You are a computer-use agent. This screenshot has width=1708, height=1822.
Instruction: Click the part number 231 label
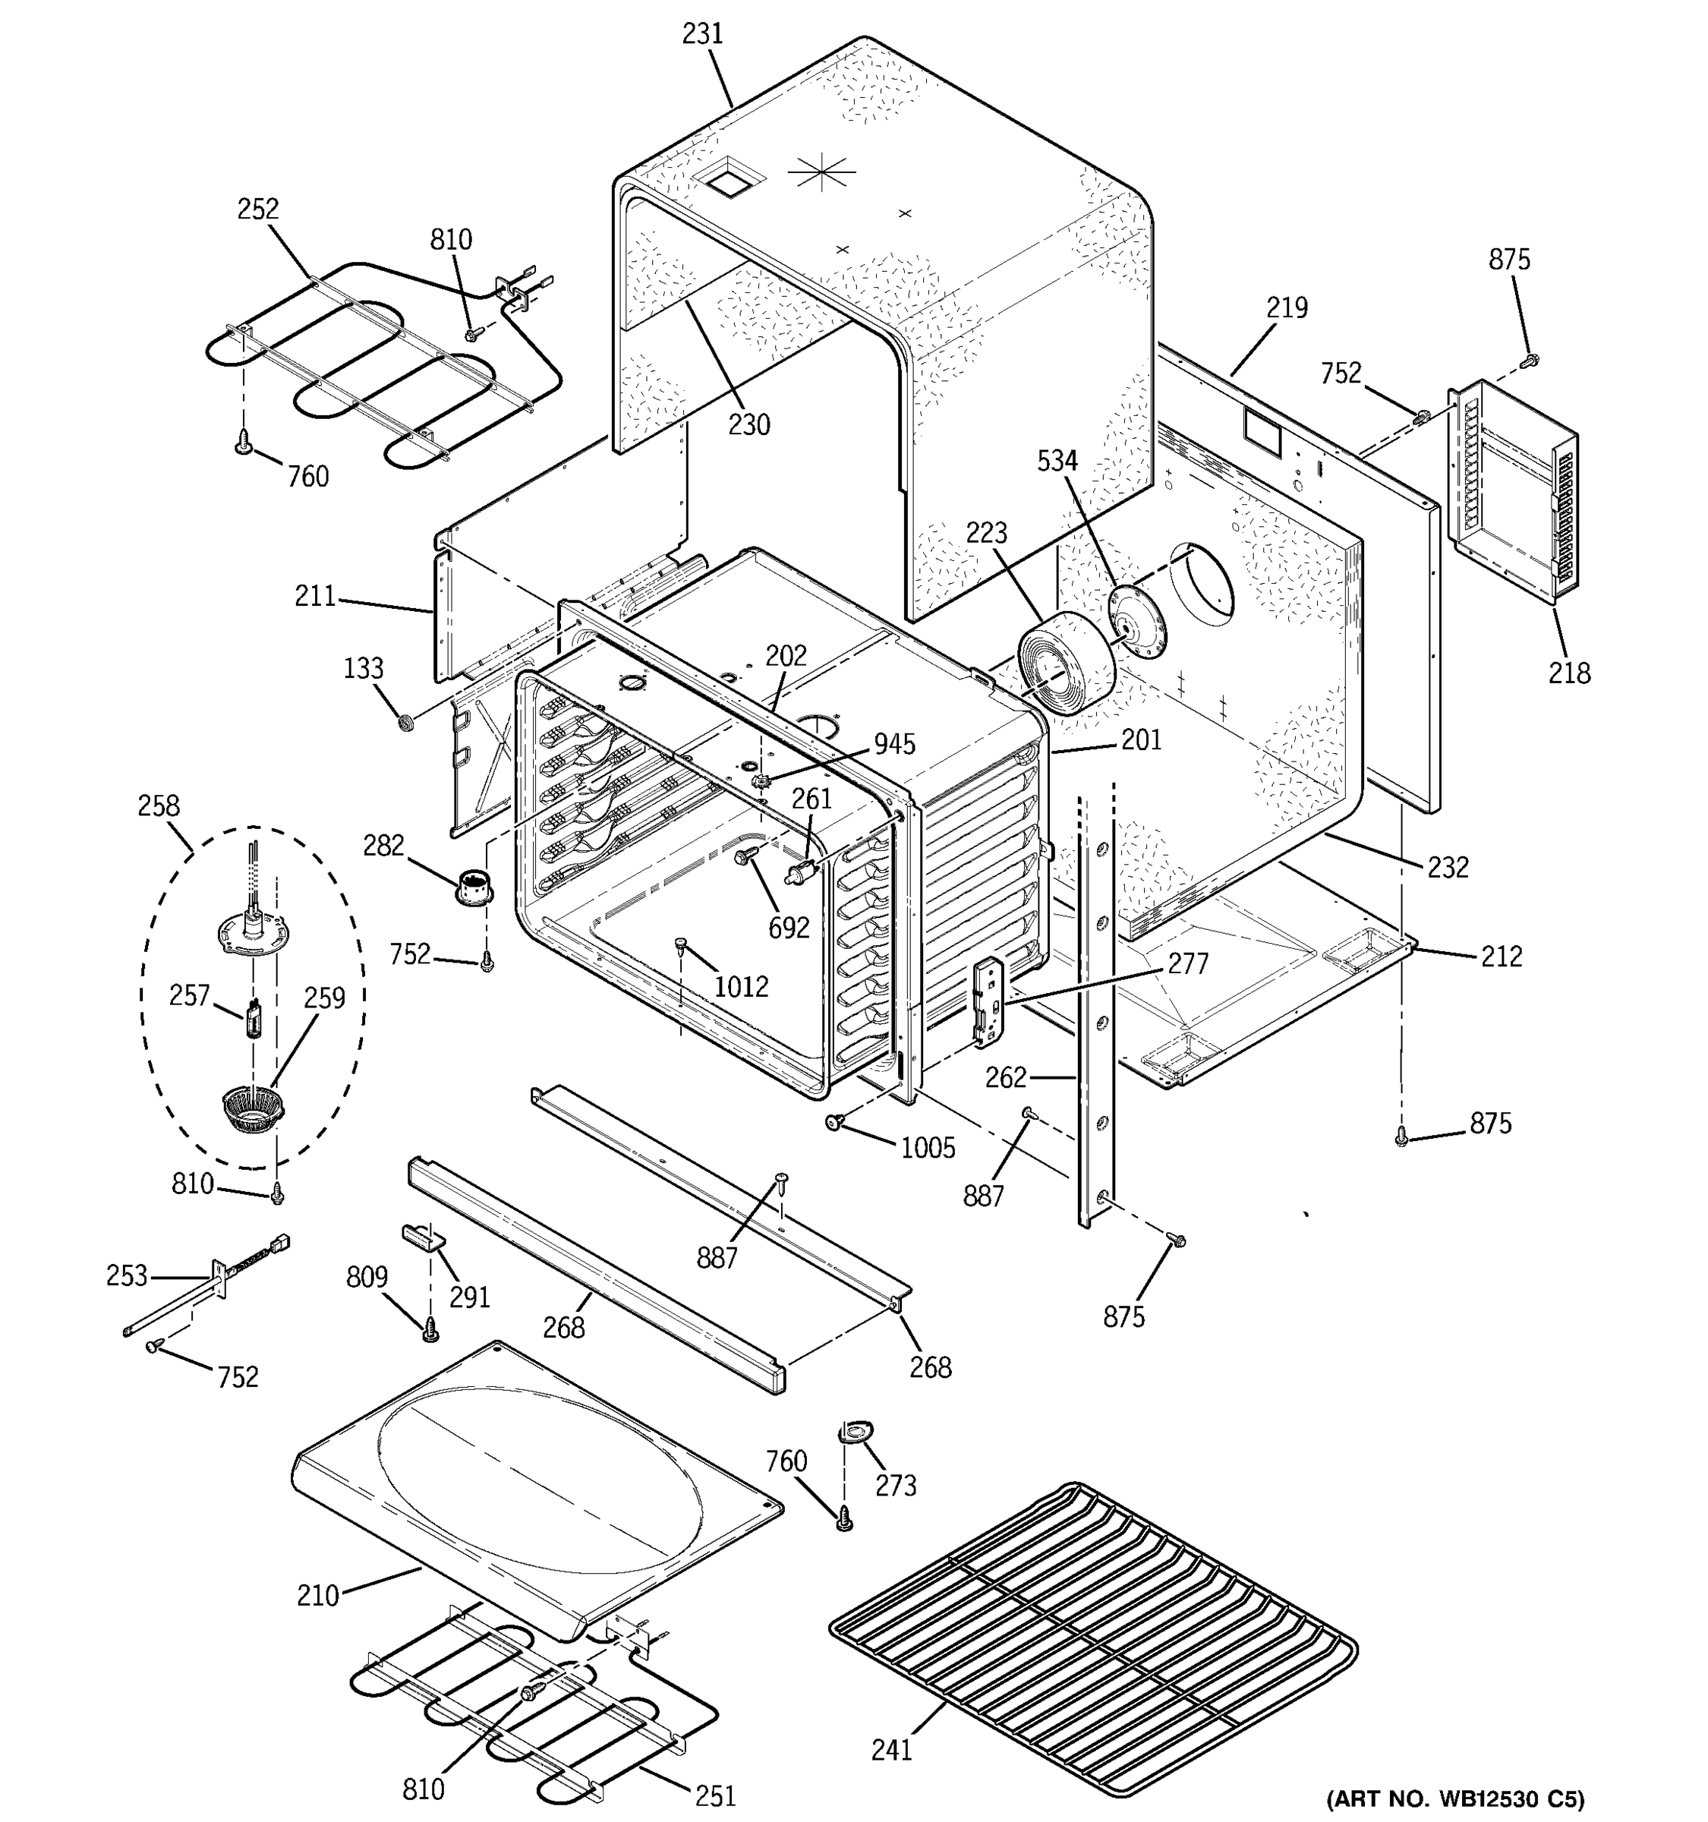703,34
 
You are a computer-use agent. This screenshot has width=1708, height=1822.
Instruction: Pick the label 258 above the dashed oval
159,806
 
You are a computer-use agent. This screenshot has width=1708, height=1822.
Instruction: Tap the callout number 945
893,744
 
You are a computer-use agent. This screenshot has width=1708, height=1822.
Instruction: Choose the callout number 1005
928,1149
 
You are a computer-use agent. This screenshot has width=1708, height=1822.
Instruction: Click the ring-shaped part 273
855,1432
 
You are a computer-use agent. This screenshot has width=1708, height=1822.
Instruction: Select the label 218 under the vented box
1569,673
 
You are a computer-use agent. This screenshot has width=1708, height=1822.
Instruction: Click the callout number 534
1057,461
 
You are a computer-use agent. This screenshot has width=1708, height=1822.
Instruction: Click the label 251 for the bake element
715,1795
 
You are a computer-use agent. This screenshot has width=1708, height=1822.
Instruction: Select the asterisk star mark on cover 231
821,172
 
